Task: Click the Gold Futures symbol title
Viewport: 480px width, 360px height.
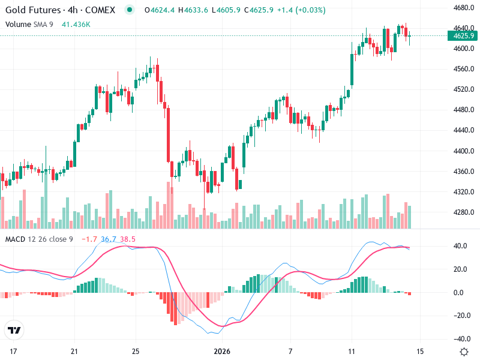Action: (60, 10)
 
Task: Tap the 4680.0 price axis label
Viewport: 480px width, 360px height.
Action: (464, 8)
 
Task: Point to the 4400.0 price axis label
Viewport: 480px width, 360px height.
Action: (464, 151)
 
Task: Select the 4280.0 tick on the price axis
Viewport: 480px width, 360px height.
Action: (464, 212)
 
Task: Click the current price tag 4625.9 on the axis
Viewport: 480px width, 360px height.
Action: (464, 35)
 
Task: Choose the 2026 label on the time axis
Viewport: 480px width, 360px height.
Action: (222, 351)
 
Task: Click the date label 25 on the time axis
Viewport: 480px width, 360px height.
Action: (136, 351)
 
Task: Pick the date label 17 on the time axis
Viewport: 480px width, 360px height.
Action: (11, 351)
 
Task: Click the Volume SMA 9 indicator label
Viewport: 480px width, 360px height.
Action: (29, 24)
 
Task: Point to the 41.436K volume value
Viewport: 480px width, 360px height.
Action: (76, 24)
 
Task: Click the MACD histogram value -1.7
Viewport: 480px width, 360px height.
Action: (89, 239)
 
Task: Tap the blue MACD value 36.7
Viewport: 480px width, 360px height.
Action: (109, 239)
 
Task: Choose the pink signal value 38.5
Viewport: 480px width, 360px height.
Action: (128, 239)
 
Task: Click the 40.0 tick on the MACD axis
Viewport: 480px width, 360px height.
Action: (461, 246)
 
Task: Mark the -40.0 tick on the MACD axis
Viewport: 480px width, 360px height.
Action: (461, 339)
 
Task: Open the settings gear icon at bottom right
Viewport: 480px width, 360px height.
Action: (464, 351)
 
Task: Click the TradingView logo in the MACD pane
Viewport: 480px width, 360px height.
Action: (14, 330)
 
